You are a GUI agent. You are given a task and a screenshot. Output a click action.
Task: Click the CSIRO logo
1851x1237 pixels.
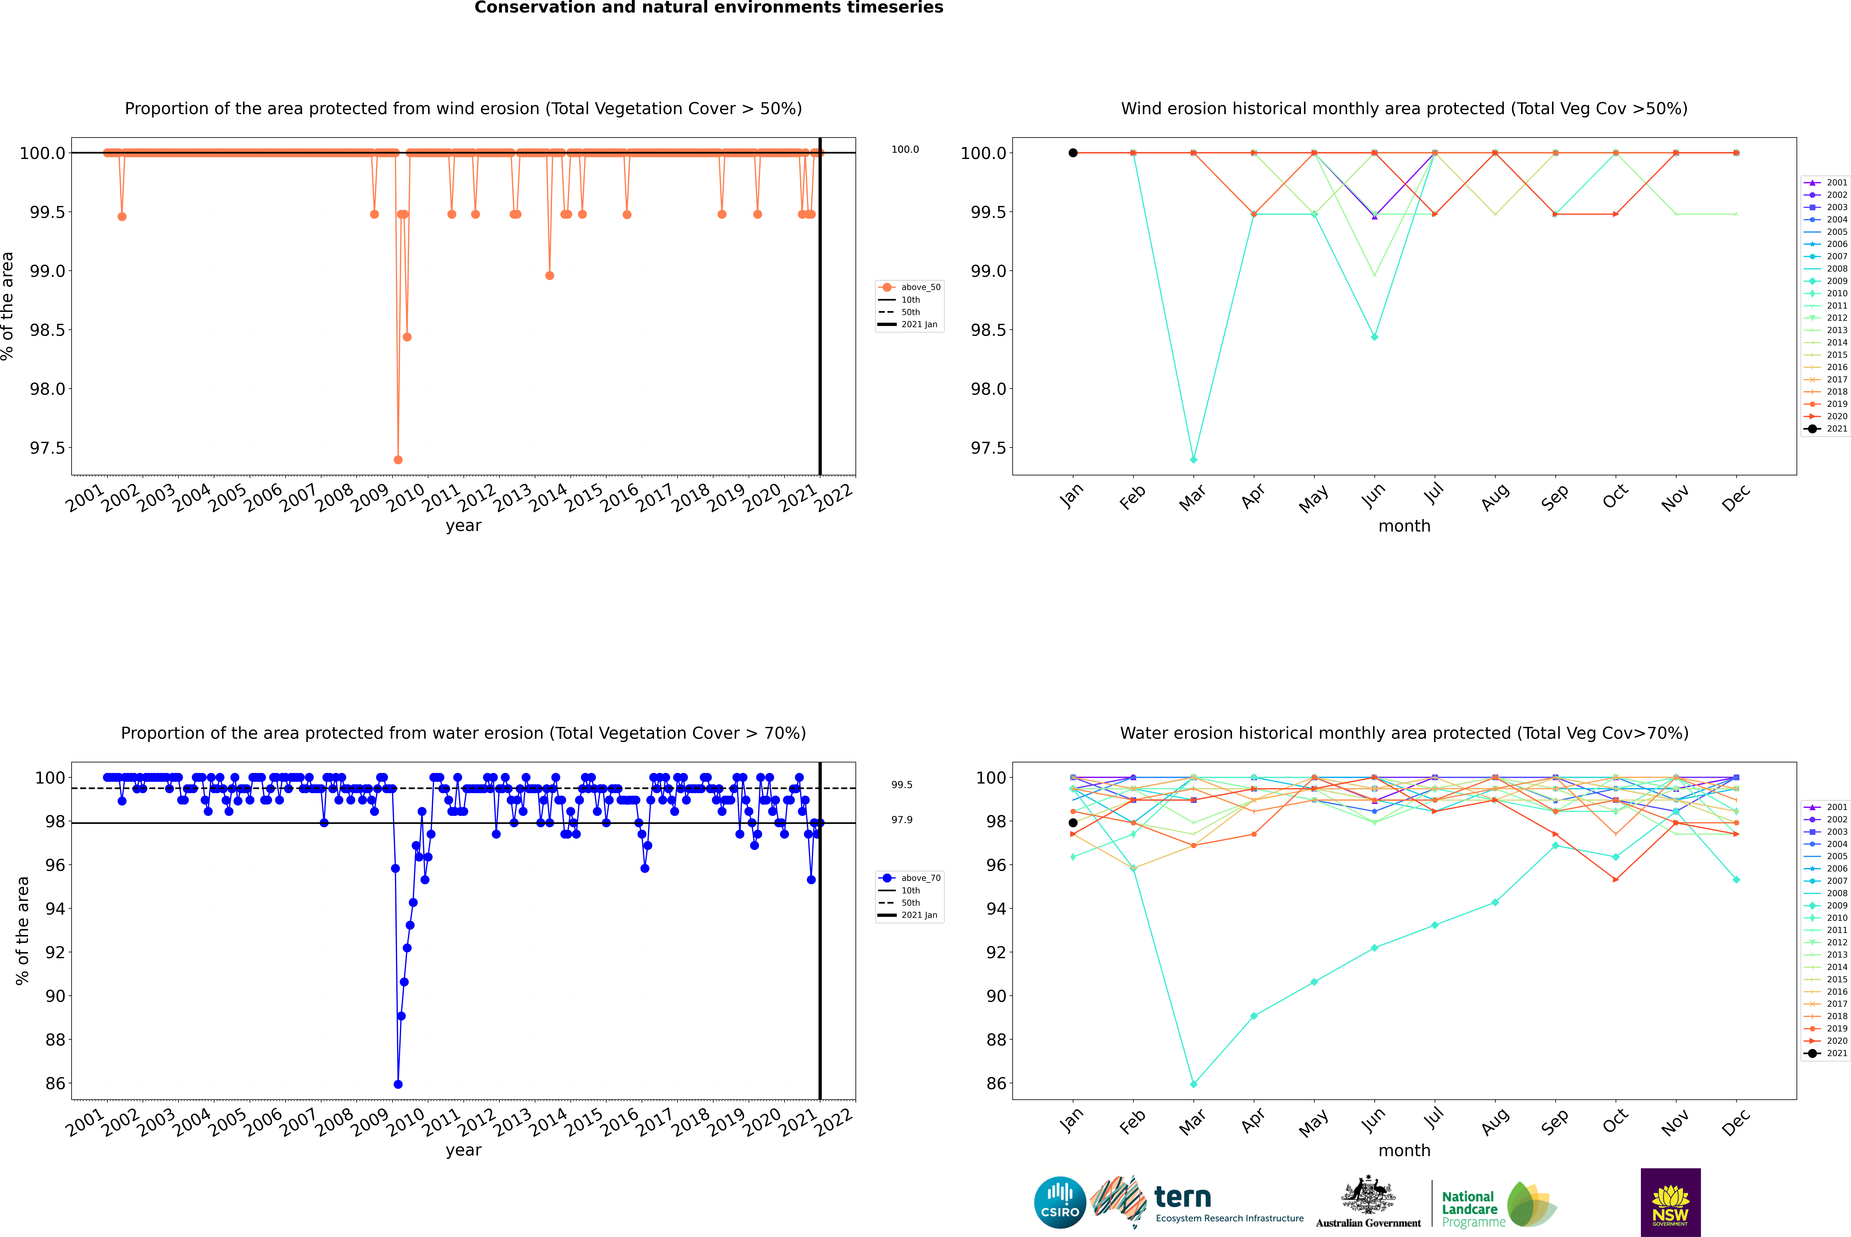pos(1060,1202)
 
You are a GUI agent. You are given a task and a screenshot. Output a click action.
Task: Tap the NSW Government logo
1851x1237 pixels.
pos(1670,1202)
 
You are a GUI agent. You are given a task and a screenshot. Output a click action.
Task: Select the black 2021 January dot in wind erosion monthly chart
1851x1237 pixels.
pos(1073,153)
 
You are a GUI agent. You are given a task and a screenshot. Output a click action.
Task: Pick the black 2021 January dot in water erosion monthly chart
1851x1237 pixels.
pos(1073,823)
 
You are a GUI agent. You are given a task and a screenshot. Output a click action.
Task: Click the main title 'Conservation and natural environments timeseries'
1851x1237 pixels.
pos(708,8)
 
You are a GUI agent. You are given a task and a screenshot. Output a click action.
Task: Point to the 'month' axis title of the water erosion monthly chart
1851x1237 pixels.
pos(1404,1150)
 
